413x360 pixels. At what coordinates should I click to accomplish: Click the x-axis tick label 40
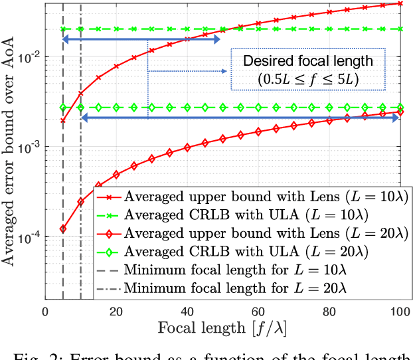click(x=187, y=313)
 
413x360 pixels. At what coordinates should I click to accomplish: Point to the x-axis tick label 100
click(x=400, y=313)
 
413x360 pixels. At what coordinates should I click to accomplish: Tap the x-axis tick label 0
click(x=45, y=313)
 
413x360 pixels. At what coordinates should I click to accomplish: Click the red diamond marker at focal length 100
click(x=400, y=112)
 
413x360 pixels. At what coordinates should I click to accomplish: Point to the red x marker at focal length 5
click(x=63, y=121)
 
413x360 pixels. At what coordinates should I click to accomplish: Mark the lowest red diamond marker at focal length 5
click(x=63, y=229)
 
